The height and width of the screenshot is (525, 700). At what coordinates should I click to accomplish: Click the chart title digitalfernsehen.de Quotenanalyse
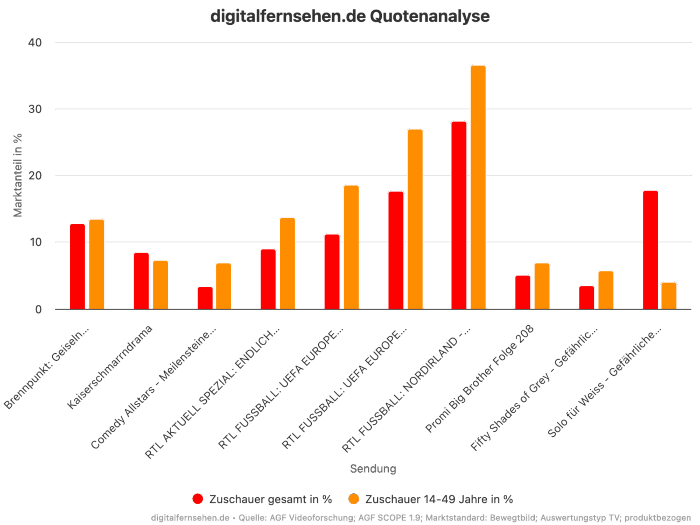pos(350,16)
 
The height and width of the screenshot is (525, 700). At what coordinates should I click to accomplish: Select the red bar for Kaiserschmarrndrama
pos(141,280)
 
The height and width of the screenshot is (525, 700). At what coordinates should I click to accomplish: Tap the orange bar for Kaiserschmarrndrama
pos(161,285)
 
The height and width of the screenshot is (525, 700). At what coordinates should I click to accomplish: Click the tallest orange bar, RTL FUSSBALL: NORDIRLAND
pos(478,187)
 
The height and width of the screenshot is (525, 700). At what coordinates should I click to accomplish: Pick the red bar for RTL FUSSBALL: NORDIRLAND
pos(459,215)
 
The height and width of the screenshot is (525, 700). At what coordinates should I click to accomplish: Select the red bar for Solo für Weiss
pos(650,250)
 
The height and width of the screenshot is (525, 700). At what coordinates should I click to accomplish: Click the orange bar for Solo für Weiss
pos(669,296)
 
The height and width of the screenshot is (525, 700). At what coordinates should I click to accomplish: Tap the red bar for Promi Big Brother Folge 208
pos(523,292)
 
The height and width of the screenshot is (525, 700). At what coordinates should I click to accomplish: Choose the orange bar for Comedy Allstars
pos(224,286)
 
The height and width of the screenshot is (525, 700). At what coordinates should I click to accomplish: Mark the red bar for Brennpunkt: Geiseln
pos(77,266)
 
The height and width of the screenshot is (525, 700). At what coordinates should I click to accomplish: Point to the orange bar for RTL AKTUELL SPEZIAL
pos(287,263)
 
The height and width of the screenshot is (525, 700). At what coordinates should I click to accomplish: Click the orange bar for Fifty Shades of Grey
pos(606,290)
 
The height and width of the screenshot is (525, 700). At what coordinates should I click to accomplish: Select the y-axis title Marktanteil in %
pos(18,175)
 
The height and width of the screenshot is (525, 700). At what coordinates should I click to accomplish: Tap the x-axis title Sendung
pos(373,469)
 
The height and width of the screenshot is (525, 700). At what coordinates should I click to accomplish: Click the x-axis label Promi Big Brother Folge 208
pos(481,378)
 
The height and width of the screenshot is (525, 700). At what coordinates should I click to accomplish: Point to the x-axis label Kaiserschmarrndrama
pos(110,367)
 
